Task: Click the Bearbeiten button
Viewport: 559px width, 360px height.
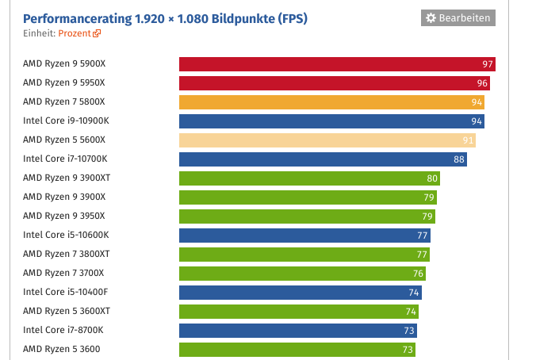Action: tap(458, 17)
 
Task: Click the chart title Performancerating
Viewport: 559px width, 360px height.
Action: tap(165, 17)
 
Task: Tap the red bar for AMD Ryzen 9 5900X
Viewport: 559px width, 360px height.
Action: tap(337, 64)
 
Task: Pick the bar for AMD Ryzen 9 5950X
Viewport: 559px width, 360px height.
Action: tap(334, 83)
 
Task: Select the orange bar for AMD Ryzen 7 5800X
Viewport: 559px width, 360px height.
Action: tap(331, 102)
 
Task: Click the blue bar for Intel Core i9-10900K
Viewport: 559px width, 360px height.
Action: tap(331, 121)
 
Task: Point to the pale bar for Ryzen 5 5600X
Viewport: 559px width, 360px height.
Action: tap(327, 140)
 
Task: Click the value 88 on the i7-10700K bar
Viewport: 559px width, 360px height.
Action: tap(459, 159)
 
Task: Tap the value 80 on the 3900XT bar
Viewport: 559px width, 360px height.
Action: tap(432, 178)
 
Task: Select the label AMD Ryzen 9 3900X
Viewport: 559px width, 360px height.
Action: tap(64, 197)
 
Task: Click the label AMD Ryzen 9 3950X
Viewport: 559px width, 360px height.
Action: tap(64, 216)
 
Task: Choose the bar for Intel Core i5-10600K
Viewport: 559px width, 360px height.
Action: tap(304, 236)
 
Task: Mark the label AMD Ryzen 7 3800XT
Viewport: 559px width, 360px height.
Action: tap(67, 254)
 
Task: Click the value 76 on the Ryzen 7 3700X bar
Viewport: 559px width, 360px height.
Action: tap(418, 274)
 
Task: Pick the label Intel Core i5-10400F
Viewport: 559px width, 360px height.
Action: tap(66, 292)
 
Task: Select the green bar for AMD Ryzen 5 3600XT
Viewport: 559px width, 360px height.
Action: tap(299, 312)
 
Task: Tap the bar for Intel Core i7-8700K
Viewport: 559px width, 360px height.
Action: tap(297, 331)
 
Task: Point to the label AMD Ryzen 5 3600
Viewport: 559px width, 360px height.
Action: tap(62, 349)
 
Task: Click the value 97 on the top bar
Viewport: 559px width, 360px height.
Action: tap(488, 64)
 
